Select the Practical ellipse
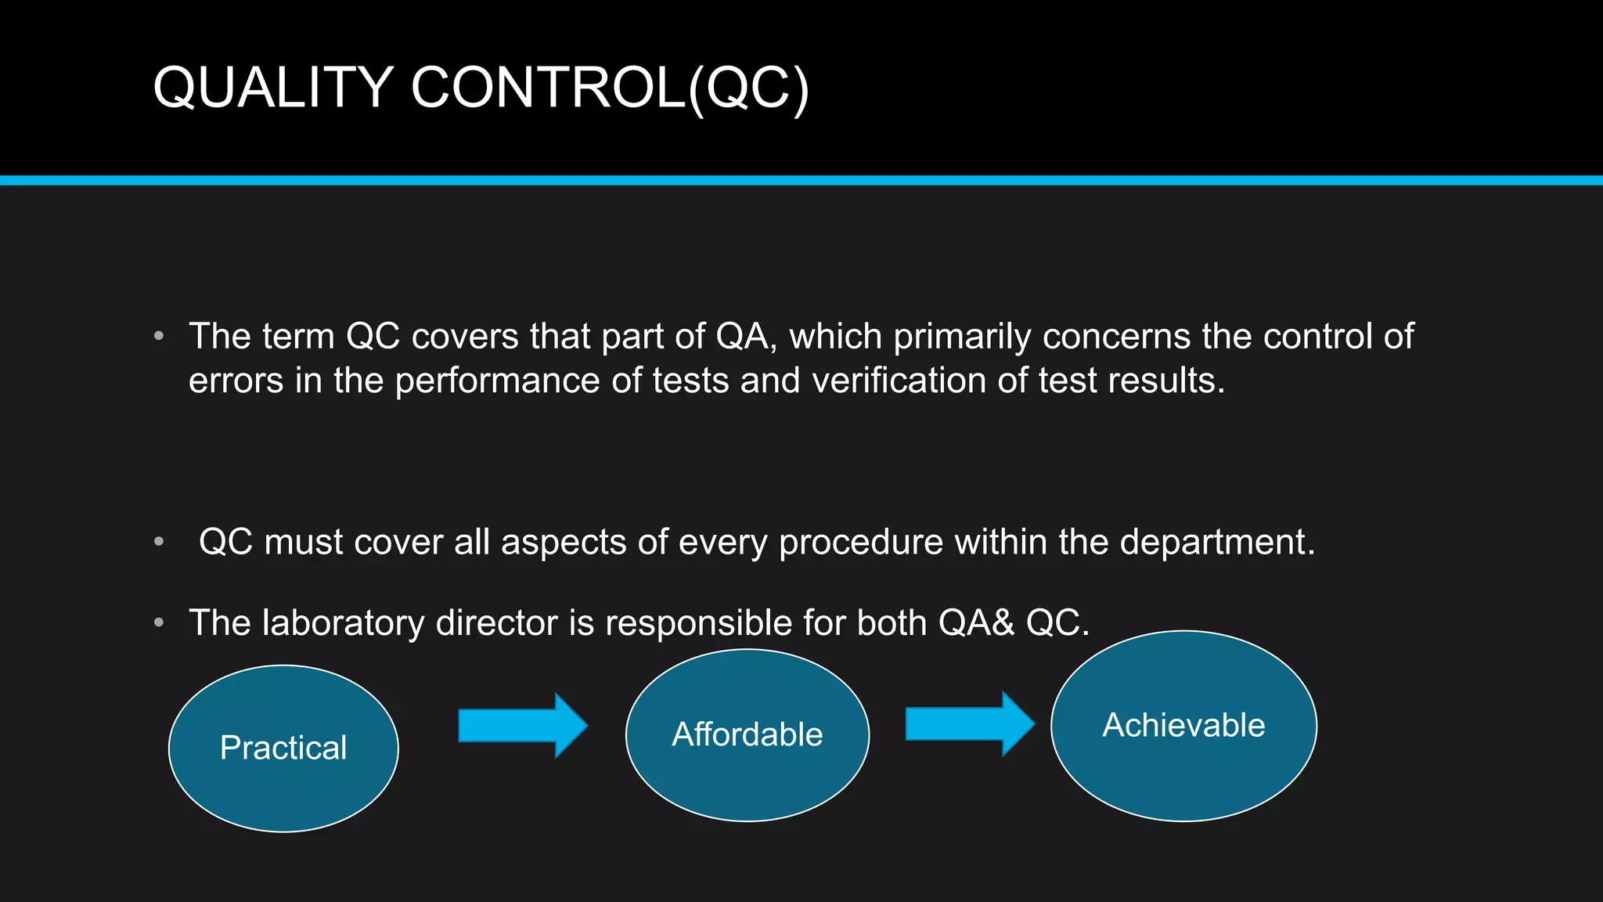(x=283, y=748)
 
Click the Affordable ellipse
(x=747, y=734)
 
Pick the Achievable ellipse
(x=1183, y=725)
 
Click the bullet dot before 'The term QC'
(x=159, y=337)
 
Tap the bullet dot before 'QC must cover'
(x=159, y=542)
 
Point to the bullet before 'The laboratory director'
(x=159, y=623)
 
